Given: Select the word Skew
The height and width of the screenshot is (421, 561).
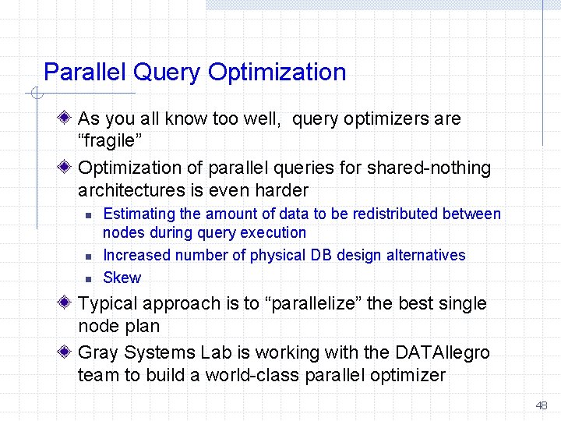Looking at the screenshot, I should [x=122, y=278].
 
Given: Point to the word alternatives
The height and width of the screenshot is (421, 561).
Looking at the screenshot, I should [x=425, y=255].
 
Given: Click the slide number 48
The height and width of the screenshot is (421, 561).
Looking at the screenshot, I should [x=542, y=405].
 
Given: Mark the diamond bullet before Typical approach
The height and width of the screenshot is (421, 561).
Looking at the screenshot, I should [x=67, y=302].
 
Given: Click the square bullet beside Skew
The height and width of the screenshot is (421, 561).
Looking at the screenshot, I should [x=89, y=278].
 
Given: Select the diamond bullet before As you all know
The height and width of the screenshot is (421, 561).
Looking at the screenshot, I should [x=67, y=119].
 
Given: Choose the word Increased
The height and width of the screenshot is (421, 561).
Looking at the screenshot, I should [x=137, y=255].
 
